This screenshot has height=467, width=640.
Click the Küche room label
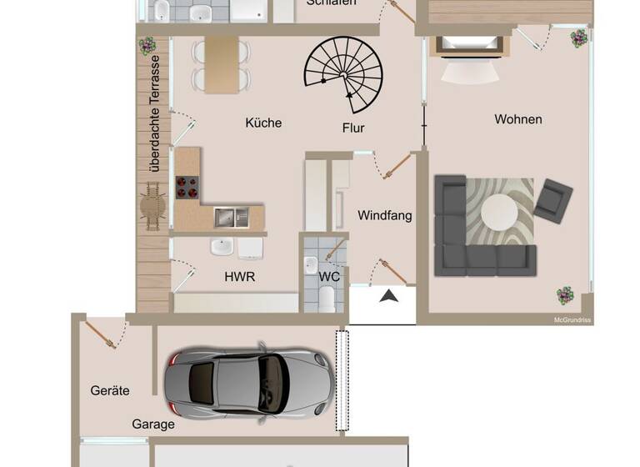263,123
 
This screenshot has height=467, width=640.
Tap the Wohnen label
518,119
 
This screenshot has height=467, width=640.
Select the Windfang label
385,215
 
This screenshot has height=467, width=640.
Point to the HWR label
239,276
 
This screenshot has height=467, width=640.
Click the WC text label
329,276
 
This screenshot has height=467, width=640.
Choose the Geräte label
110,390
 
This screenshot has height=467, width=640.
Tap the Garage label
153,424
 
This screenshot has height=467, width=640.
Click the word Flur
354,128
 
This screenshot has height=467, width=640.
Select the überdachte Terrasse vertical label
154,114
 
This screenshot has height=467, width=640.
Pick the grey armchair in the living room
553,198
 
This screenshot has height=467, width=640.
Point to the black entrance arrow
387,294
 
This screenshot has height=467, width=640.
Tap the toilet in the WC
327,299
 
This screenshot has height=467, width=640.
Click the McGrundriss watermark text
572,319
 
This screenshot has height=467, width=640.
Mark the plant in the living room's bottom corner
566,295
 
